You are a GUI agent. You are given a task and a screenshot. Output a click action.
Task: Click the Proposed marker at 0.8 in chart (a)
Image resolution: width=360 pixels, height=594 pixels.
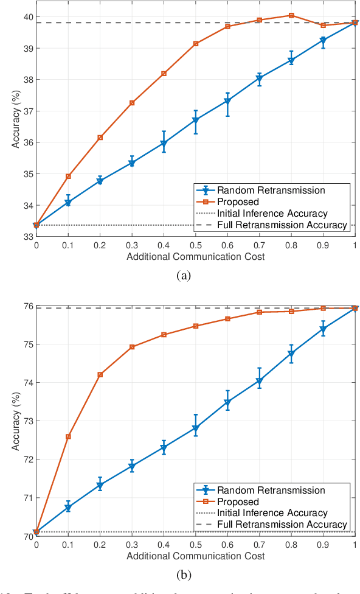[x=291, y=15]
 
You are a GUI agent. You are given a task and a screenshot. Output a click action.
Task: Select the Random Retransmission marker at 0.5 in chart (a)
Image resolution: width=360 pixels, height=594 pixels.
[x=196, y=121]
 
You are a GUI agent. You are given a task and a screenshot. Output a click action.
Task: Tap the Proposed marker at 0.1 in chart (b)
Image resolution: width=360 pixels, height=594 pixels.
[x=68, y=436]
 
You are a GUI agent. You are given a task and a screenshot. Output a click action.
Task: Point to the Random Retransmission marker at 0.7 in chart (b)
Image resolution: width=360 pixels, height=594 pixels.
[x=260, y=382]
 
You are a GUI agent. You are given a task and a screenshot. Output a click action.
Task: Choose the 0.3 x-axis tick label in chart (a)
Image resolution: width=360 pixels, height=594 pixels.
[x=132, y=244]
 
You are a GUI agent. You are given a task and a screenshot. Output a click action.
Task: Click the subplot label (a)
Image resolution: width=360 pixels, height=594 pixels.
[x=184, y=276]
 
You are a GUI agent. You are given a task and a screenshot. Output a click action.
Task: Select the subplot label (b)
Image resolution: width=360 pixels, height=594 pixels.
[x=184, y=575]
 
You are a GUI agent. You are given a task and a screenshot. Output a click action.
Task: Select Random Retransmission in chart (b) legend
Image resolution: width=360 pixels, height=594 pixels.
[x=271, y=491]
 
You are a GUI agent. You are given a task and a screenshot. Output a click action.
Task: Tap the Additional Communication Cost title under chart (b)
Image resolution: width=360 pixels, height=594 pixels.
[x=195, y=556]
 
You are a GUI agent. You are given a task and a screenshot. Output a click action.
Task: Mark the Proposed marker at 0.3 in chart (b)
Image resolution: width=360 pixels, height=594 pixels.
[x=132, y=347]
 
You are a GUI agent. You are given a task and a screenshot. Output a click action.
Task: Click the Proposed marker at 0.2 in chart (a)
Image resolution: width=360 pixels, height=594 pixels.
[x=100, y=138]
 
